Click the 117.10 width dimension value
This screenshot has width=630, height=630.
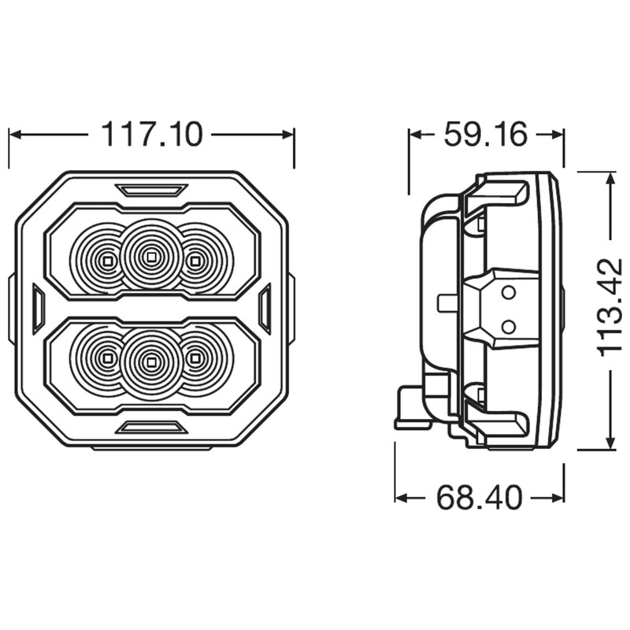point(152,134)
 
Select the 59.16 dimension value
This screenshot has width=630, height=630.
point(485,134)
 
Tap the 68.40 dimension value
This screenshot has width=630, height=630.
point(480,498)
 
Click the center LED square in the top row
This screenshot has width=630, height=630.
point(150,256)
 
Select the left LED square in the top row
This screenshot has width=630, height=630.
point(107,261)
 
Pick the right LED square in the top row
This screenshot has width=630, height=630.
point(195,261)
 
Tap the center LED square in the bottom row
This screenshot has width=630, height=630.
point(150,362)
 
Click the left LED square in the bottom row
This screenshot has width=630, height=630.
point(107,358)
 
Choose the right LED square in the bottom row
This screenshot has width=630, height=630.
point(195,358)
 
